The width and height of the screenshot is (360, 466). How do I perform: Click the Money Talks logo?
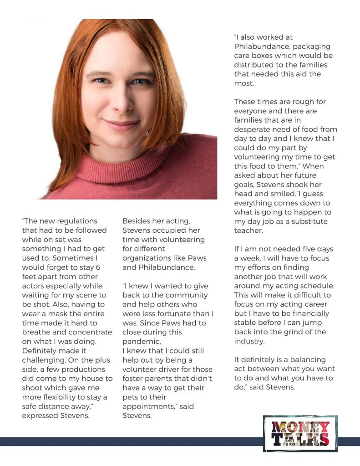pos(300,433)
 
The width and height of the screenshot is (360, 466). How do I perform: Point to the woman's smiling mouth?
pos(120,124)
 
